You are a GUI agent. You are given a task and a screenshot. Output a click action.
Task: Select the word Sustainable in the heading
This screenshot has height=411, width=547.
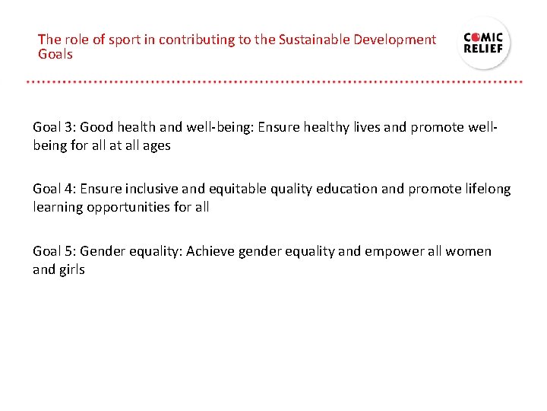[293, 40]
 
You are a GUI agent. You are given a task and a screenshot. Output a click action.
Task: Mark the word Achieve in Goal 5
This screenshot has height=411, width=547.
[210, 251]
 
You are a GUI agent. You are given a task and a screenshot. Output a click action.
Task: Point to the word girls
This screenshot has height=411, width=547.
[72, 269]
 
